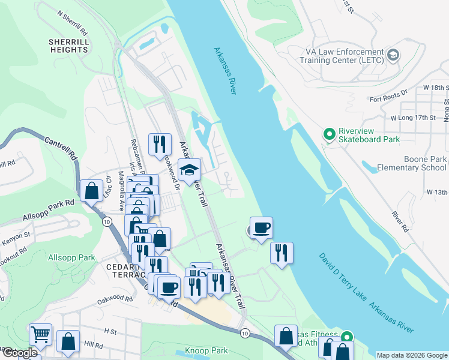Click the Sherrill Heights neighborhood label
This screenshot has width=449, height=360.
pos(69,46)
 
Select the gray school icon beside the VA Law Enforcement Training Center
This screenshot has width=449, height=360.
pos(393,56)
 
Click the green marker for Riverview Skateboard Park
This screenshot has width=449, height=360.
pos(329,134)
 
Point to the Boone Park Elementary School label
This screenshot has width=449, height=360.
pos(411,163)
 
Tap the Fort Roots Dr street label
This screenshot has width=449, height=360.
pos(388,99)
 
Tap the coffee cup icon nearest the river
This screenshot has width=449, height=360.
pos(261,228)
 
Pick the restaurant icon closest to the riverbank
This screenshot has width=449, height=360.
pos(281,253)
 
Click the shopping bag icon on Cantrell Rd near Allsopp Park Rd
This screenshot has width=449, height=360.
pos(91,191)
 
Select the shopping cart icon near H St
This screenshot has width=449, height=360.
pos(40,334)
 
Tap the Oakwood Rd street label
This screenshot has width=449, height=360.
pos(113,298)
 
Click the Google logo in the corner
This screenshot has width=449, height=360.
pos(19,353)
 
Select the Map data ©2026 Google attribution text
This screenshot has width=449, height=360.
pos(412,355)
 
